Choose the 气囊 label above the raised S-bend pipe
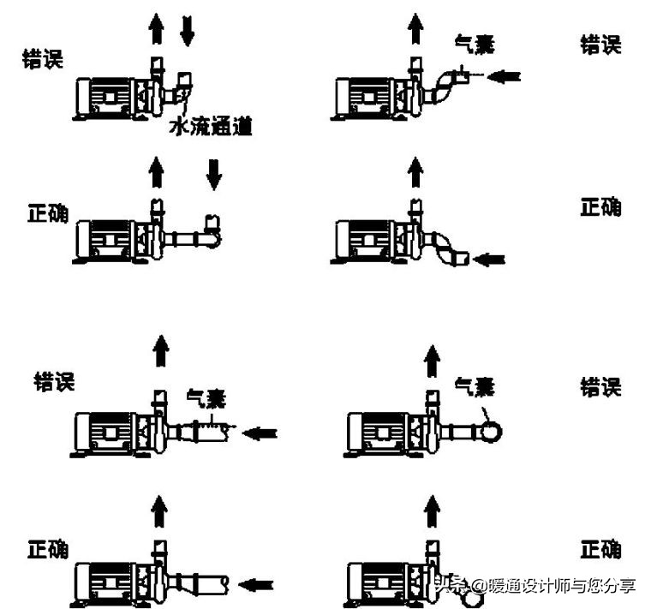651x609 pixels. [475, 40]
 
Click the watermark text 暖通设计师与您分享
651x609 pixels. [561, 586]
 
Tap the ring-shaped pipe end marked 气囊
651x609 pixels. [493, 431]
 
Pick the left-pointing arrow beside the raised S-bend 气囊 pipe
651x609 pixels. [505, 77]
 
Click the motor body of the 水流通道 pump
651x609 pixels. [106, 95]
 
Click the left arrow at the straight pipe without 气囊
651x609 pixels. [254, 585]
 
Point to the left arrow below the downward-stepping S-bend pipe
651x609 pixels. [491, 258]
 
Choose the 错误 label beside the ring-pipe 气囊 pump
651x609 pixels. [600, 386]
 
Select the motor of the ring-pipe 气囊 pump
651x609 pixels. [377, 432]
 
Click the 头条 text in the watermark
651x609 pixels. [449, 586]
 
